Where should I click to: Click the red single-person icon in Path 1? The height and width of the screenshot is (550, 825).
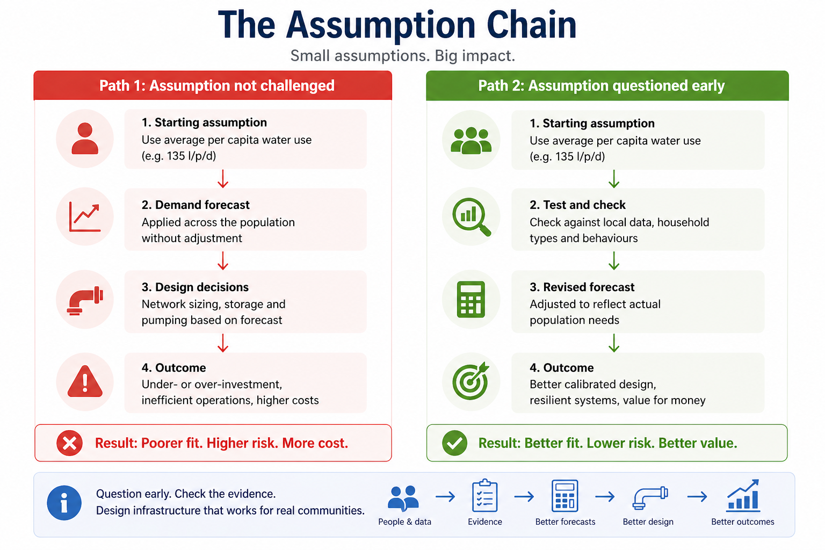pyautogui.click(x=85, y=139)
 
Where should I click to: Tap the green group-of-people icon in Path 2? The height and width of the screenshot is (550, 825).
pyautogui.click(x=471, y=140)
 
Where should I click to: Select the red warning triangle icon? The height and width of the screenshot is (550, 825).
pyautogui.click(x=85, y=381)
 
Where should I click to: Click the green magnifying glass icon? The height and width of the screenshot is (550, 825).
pyautogui.click(x=471, y=217)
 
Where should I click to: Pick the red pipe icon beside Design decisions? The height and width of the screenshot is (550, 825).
pyautogui.click(x=85, y=300)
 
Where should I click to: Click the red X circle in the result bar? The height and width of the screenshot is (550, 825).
pyautogui.click(x=70, y=443)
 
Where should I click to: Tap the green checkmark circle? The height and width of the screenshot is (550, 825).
pyautogui.click(x=454, y=443)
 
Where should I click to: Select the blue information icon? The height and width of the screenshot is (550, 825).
pyautogui.click(x=64, y=503)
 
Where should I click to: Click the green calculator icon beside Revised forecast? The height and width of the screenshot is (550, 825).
pyautogui.click(x=471, y=299)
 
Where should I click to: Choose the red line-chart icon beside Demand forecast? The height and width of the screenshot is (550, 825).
pyautogui.click(x=85, y=217)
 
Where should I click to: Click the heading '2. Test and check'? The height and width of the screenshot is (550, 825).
pyautogui.click(x=577, y=205)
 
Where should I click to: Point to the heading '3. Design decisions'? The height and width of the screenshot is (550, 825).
pyautogui.click(x=195, y=287)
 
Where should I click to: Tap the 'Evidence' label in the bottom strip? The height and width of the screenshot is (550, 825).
pyautogui.click(x=484, y=522)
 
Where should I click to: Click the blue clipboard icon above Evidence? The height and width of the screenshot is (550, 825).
pyautogui.click(x=484, y=496)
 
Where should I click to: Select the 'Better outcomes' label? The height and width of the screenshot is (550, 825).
pyautogui.click(x=742, y=522)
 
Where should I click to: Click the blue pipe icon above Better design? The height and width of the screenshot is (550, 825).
pyautogui.click(x=649, y=497)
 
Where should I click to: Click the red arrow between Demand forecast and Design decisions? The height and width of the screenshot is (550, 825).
pyautogui.click(x=223, y=260)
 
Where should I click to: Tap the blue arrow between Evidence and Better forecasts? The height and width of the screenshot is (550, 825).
pyautogui.click(x=524, y=497)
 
